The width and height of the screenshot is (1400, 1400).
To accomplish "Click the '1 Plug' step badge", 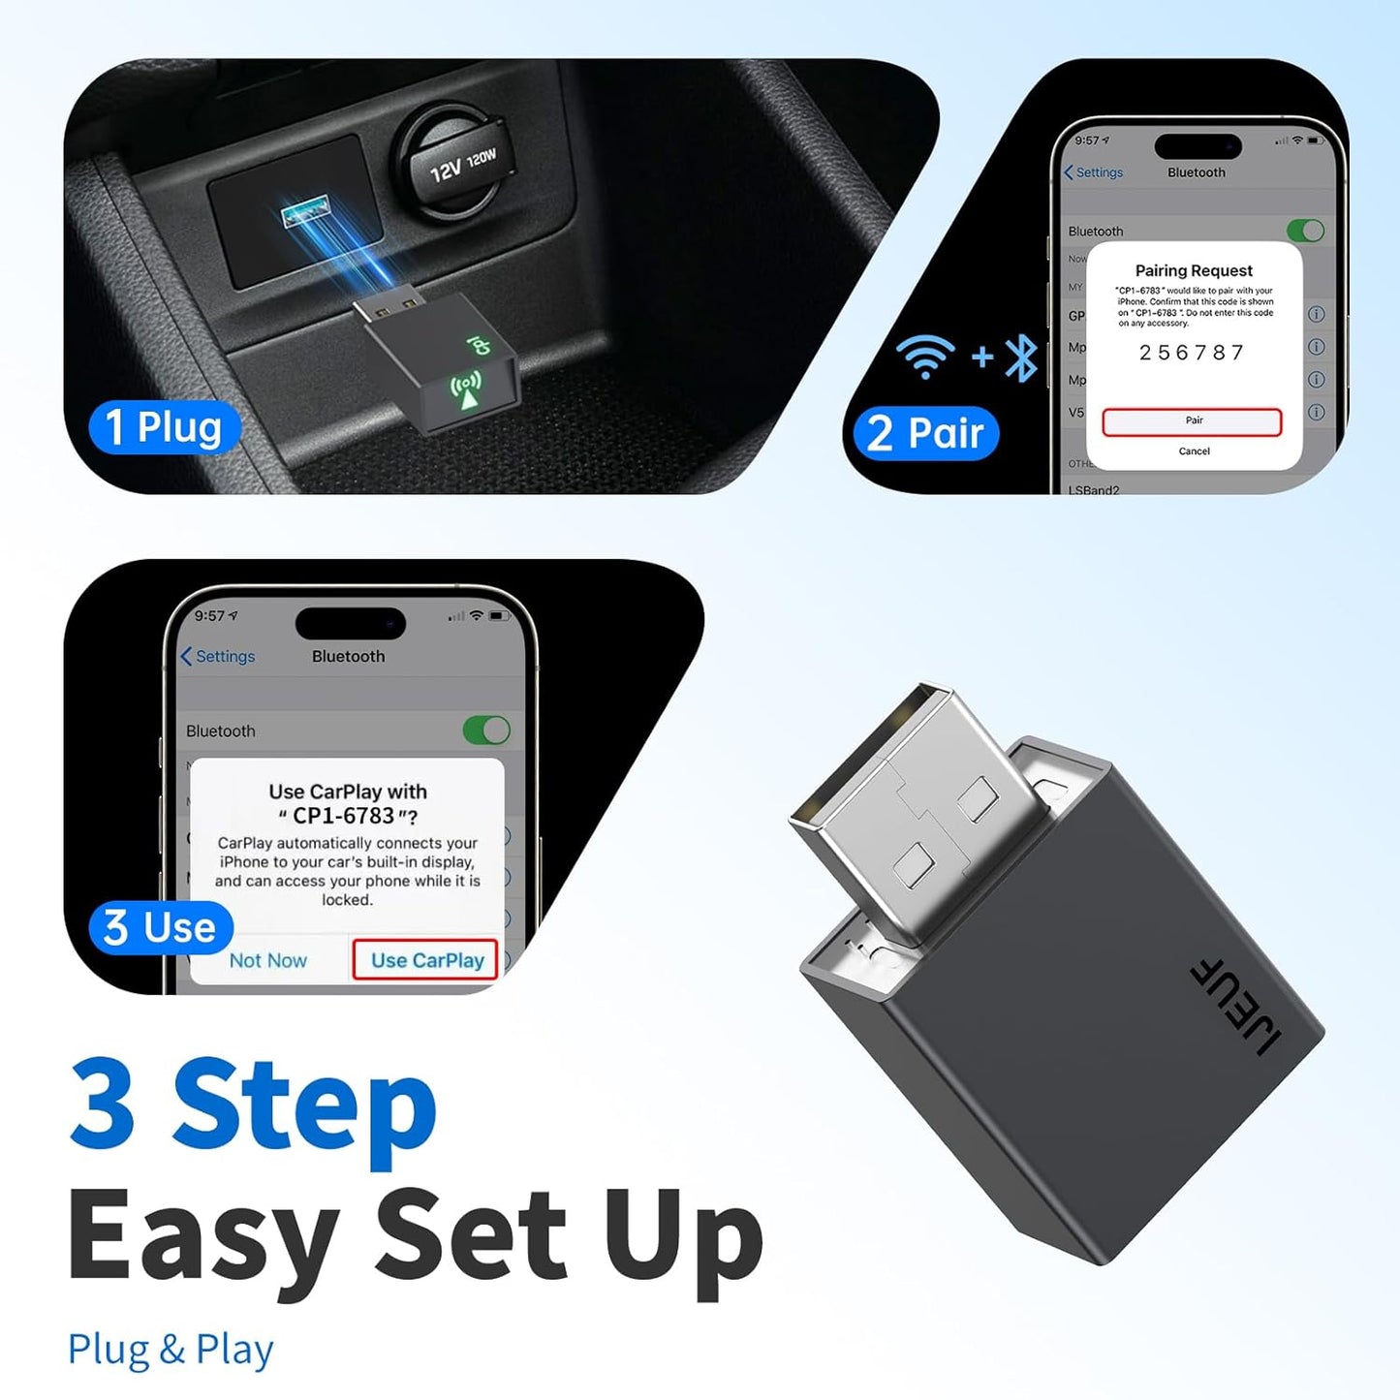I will (x=164, y=427).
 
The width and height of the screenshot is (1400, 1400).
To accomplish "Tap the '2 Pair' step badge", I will (x=925, y=432).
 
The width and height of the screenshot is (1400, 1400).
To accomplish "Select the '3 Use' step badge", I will (x=161, y=927).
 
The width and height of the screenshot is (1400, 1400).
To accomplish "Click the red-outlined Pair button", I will (x=1192, y=421).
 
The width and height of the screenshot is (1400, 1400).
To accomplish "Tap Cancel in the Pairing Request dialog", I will (x=1194, y=451).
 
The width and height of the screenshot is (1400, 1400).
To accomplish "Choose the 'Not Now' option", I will (x=268, y=960).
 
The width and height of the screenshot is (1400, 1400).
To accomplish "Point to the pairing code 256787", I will (x=1192, y=353).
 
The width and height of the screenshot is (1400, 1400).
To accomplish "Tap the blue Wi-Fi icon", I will (x=925, y=356).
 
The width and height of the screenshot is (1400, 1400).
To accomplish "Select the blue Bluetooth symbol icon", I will (x=1021, y=358).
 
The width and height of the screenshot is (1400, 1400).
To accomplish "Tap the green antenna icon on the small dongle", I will (x=466, y=389).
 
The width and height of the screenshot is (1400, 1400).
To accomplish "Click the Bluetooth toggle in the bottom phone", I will (x=486, y=731).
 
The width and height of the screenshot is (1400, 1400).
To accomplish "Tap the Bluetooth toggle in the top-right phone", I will (x=1305, y=231).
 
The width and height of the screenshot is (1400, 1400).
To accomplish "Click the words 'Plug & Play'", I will (x=171, y=1349).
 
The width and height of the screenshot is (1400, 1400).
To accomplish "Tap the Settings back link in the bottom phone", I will (x=218, y=656).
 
